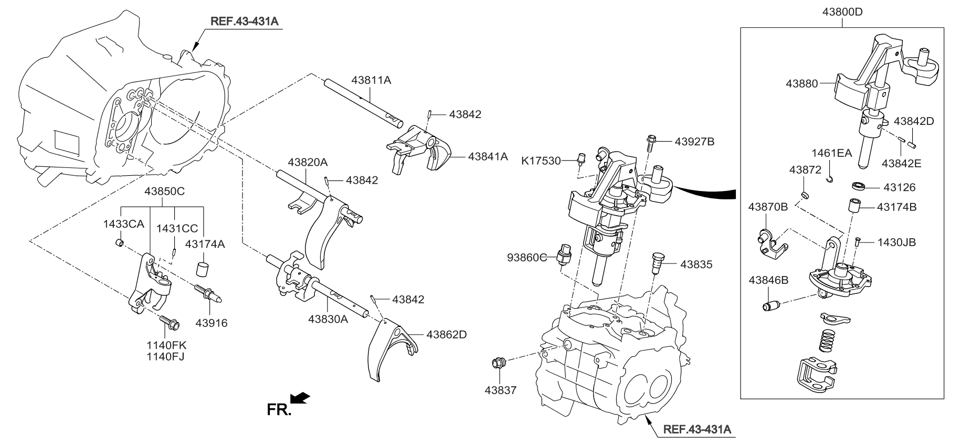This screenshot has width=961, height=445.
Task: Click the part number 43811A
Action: pyautogui.click(x=371, y=80)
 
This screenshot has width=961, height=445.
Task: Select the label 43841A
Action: pyautogui.click(x=488, y=156)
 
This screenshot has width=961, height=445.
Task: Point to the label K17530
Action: pyautogui.click(x=541, y=161)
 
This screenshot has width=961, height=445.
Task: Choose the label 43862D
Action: pyautogui.click(x=446, y=334)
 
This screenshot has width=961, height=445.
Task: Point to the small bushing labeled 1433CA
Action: pyautogui.click(x=120, y=243)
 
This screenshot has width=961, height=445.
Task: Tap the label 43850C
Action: pyautogui.click(x=164, y=192)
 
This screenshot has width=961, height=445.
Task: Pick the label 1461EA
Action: pyautogui.click(x=832, y=153)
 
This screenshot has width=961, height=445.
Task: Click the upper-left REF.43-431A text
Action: pyautogui.click(x=244, y=22)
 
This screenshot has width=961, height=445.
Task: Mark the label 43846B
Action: pyautogui.click(x=768, y=280)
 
